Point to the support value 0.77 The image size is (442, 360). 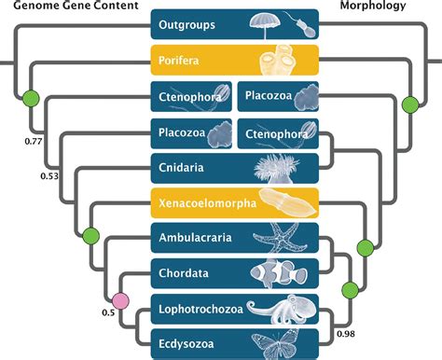34,142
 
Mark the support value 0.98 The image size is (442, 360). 345,333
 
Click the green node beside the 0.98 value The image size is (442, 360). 350,291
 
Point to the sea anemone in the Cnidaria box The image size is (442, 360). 276,166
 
